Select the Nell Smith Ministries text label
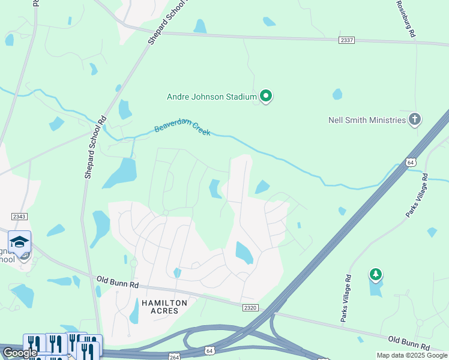367,120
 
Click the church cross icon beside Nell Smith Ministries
414,119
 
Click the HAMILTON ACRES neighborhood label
164,307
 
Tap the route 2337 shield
347,40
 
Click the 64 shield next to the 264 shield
208,349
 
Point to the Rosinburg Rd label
406,19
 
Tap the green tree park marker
376,275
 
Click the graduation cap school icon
19,242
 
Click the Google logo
20,353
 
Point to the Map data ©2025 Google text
411,355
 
